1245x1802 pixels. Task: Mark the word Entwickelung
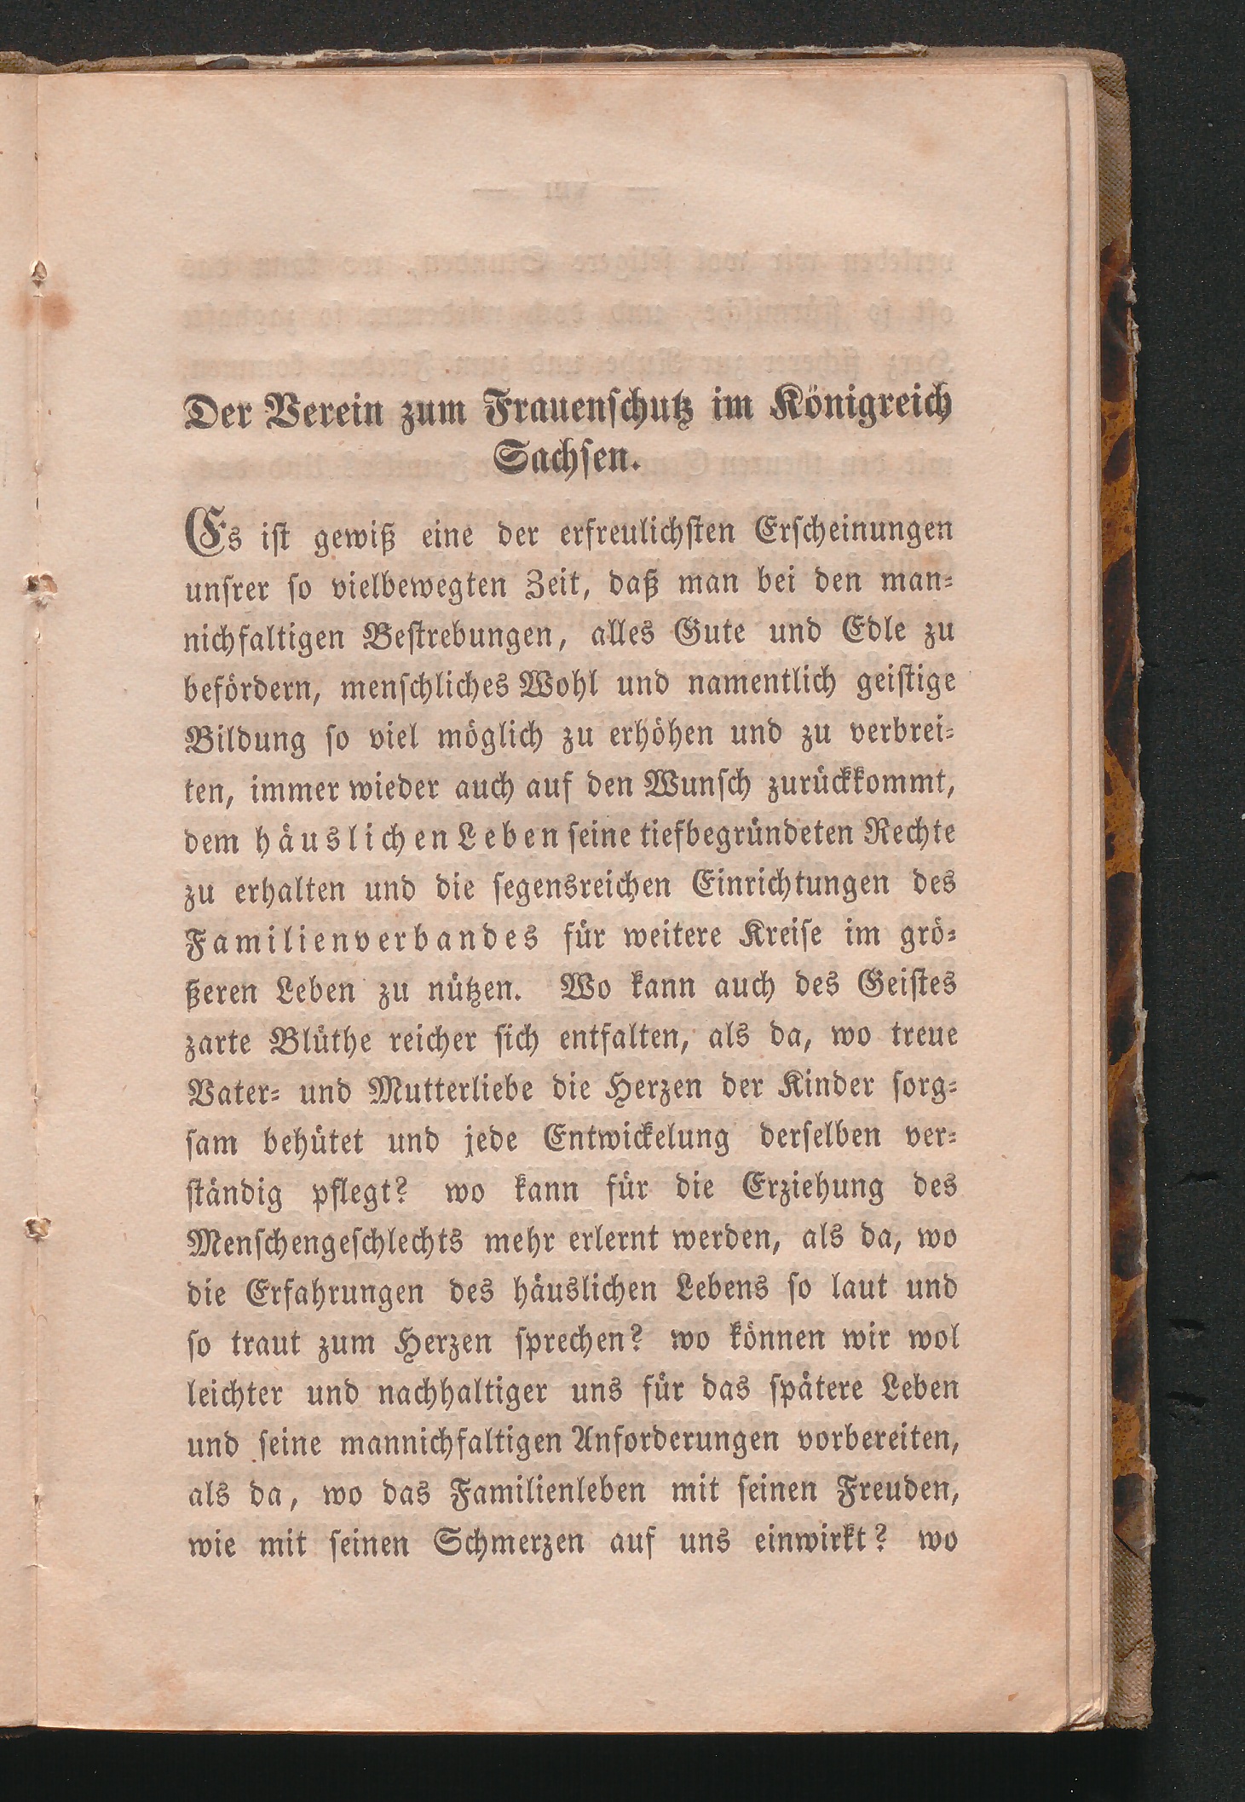tap(637, 1140)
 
